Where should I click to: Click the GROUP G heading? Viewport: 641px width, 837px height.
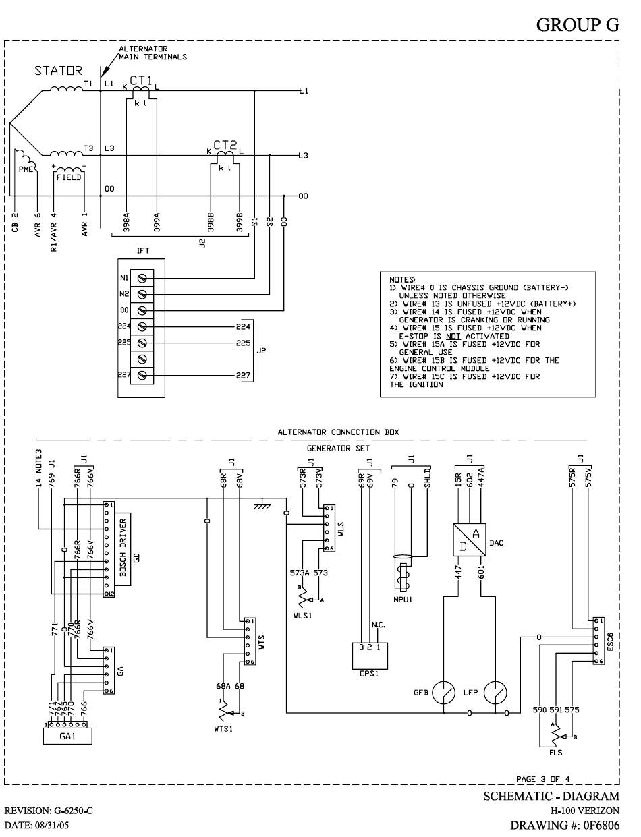click(578, 25)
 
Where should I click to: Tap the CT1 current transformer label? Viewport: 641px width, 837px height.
click(140, 80)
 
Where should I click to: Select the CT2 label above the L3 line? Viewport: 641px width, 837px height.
click(225, 145)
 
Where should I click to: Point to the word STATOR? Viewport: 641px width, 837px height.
click(58, 71)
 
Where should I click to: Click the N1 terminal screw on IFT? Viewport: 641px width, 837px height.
click(142, 278)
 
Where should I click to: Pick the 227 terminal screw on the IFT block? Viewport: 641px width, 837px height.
click(142, 375)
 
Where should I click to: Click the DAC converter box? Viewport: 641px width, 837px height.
click(469, 540)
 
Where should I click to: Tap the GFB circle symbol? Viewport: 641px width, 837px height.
click(443, 693)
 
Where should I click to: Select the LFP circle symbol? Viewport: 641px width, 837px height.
click(495, 693)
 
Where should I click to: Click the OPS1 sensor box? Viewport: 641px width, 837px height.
click(370, 656)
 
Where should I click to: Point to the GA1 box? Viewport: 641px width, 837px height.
click(67, 736)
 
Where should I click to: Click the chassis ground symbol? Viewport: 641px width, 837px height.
click(262, 503)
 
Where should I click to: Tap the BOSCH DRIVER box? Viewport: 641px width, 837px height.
click(123, 549)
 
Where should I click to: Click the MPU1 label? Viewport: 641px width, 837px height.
click(403, 600)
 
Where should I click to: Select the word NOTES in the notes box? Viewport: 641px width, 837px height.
click(401, 280)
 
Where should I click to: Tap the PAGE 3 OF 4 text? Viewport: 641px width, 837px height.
click(542, 779)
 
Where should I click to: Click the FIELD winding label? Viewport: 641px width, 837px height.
click(69, 177)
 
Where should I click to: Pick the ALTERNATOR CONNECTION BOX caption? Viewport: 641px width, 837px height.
click(338, 432)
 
